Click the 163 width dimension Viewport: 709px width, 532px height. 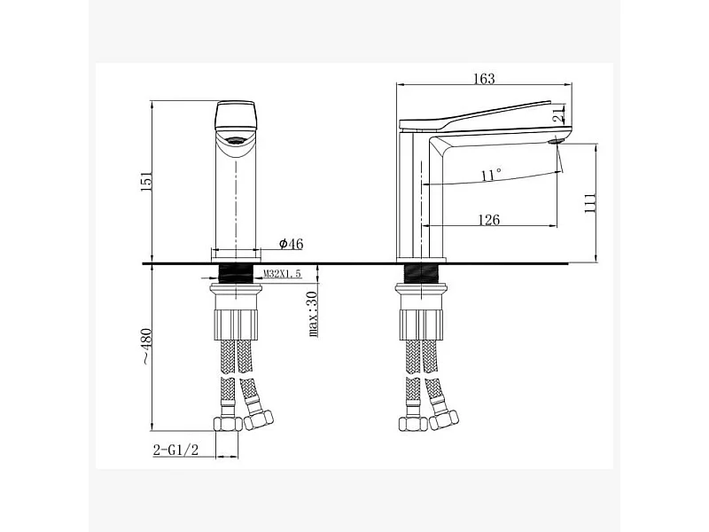tap(484, 80)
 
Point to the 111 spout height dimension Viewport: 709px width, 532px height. tap(591, 202)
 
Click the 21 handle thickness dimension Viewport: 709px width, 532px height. tap(557, 113)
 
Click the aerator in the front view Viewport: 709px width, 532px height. tap(236, 140)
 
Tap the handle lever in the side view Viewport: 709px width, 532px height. tap(483, 114)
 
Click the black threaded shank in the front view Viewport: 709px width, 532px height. tap(236, 272)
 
